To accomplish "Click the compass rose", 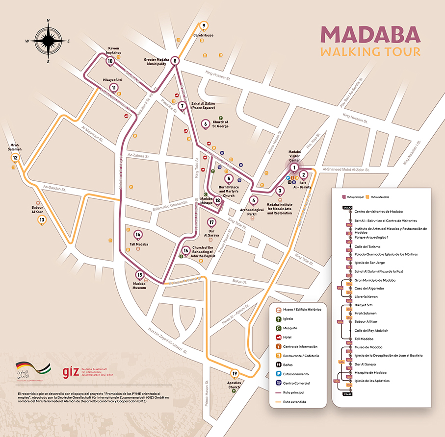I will [48, 41].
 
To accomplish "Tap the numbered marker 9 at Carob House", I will [204, 26].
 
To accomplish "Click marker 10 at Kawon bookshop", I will [110, 61].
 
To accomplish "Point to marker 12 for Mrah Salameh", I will [16, 158].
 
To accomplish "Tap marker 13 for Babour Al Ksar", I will [42, 220].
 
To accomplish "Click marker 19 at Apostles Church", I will [235, 374].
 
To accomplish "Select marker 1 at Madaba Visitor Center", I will [294, 167].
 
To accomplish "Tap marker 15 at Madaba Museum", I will [140, 275].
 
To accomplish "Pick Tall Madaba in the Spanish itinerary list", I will [361, 339].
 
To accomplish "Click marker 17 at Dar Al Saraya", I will [211, 222].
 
